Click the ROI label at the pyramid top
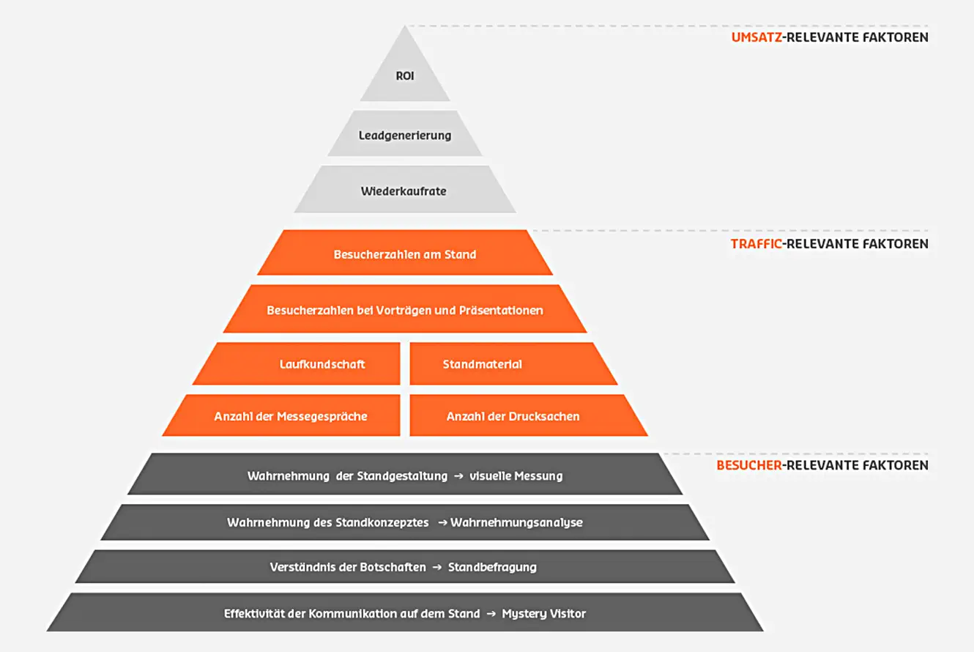point(405,75)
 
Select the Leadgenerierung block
point(405,136)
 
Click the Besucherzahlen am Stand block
point(405,254)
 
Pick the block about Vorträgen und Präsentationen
point(405,310)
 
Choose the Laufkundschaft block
point(322,364)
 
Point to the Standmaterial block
point(483,364)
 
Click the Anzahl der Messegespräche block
point(291,416)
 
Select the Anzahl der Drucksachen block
point(513,416)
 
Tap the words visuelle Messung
point(517,476)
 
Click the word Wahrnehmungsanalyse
point(516,522)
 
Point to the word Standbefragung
point(492,567)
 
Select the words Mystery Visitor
point(543,613)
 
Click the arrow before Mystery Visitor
point(491,613)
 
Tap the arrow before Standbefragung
point(436,567)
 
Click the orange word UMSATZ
point(756,37)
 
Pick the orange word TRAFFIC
point(756,244)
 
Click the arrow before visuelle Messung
point(458,476)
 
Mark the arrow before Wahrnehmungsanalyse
point(442,522)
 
